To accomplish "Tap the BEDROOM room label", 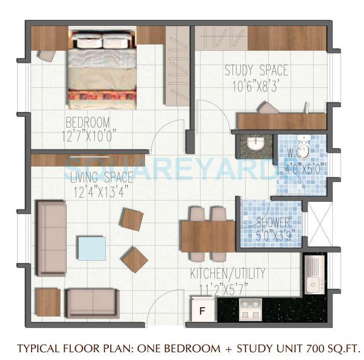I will point(88,123).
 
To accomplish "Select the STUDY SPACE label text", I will point(256,70).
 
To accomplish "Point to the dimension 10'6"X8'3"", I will point(256,84).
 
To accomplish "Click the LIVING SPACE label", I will point(101,178).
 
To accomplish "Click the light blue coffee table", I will point(91,248).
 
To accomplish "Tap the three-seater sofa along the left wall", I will point(51,237).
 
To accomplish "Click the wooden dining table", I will point(208,236).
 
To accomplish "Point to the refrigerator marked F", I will point(203,310).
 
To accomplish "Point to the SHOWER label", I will point(273,222).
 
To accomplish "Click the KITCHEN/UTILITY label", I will point(228,273).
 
